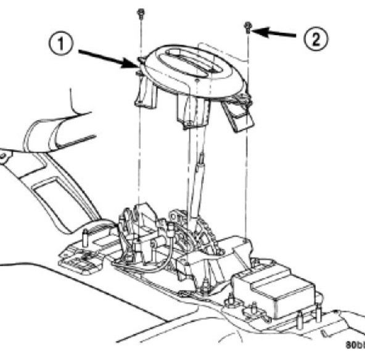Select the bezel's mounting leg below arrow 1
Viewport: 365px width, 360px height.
[142, 92]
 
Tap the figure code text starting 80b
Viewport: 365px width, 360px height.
[355, 345]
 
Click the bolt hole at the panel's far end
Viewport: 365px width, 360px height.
[5, 158]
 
